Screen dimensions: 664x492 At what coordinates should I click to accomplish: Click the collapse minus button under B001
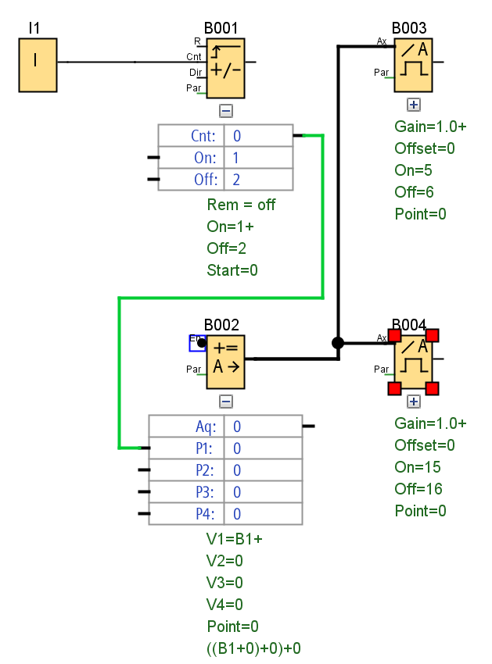(x=226, y=111)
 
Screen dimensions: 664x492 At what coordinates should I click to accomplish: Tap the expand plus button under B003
(x=414, y=105)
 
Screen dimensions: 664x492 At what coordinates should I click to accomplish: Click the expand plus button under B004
(x=414, y=402)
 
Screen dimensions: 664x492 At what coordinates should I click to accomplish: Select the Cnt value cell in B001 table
(x=258, y=136)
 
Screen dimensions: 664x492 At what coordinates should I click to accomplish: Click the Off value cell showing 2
(x=258, y=180)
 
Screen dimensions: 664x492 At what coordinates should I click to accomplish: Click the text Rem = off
(x=241, y=205)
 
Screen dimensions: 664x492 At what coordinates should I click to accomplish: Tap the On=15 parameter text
(x=418, y=467)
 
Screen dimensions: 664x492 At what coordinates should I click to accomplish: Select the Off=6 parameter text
(x=415, y=192)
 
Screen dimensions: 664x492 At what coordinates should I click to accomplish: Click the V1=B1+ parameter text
(x=229, y=539)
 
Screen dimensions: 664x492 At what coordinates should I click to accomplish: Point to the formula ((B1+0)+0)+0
(x=254, y=648)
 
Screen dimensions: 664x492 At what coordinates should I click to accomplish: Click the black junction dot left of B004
(x=338, y=343)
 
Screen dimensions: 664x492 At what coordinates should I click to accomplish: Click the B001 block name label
(x=221, y=29)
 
